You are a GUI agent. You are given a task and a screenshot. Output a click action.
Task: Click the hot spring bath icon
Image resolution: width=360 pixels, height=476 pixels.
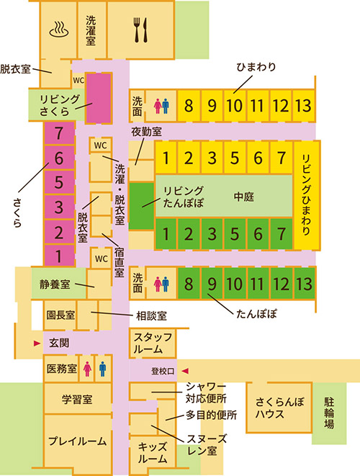point(58,30)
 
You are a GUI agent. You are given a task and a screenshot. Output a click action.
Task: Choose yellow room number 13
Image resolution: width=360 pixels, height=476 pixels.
point(304,106)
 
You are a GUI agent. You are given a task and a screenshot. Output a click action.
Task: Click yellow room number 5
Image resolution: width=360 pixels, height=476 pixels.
point(233,157)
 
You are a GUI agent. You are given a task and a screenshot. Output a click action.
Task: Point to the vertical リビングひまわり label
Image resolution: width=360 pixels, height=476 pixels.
point(305,195)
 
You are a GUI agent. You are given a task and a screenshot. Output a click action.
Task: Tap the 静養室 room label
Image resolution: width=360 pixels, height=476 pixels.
point(55,284)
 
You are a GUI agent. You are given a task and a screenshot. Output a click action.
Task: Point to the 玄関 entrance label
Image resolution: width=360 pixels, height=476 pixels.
point(59,343)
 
